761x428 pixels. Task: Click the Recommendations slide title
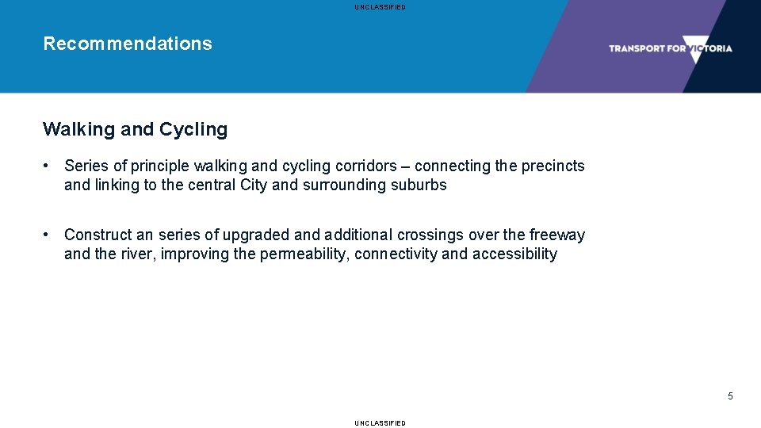tap(128, 44)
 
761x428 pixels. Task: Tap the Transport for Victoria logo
tap(670, 48)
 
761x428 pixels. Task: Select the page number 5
tap(730, 396)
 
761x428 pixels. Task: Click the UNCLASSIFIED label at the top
tap(380, 7)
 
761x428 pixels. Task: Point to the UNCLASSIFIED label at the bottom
tap(380, 423)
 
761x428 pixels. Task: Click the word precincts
tap(553, 166)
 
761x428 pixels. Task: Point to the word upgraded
tap(255, 235)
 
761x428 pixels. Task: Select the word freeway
tap(556, 235)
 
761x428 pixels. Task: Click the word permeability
tap(304, 254)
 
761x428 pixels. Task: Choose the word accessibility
tap(514, 254)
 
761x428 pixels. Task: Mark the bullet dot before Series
tap(48, 166)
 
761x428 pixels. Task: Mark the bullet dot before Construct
tap(48, 235)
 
